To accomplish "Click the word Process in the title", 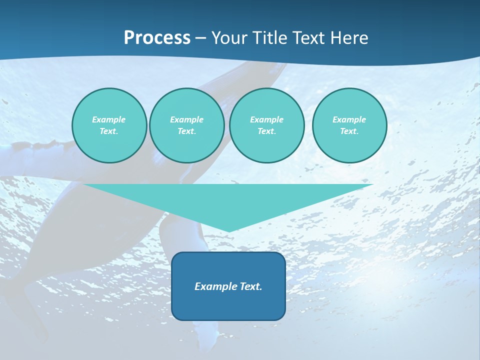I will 157,38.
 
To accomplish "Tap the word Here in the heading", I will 347,38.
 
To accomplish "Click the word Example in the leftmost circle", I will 109,119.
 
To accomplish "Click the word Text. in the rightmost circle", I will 349,131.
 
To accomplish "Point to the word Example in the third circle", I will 266,119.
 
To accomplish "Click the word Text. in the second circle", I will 186,131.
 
